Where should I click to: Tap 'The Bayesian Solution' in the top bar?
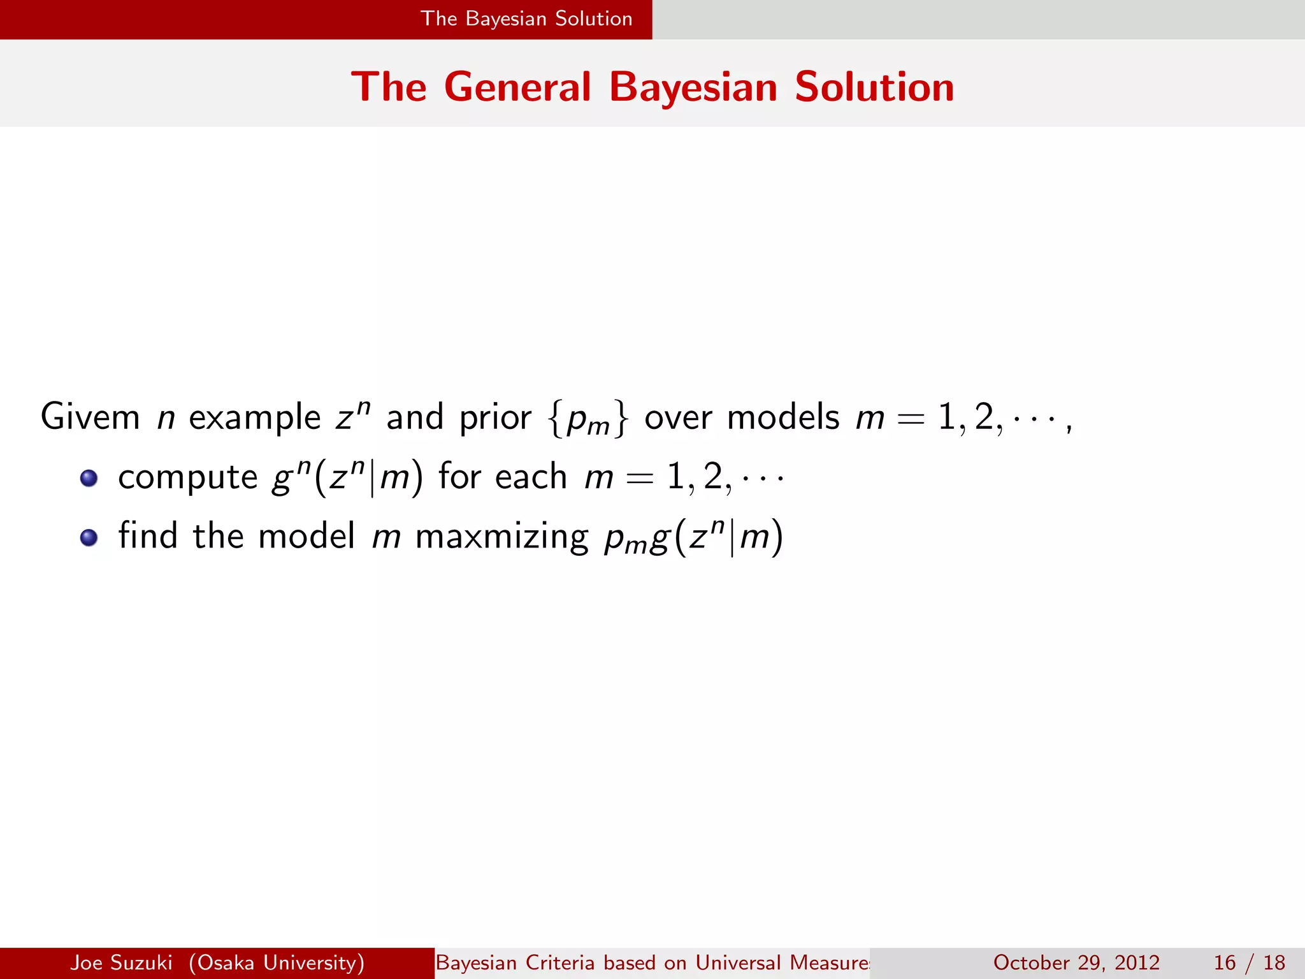[x=526, y=18]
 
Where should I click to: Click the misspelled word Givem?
[x=90, y=417]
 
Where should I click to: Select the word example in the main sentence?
[x=254, y=418]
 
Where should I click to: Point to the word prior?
[x=495, y=418]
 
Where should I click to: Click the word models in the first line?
[x=783, y=417]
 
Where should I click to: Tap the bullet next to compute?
[x=89, y=478]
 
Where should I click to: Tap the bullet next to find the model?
[x=89, y=537]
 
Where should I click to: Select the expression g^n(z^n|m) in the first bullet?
[x=347, y=477]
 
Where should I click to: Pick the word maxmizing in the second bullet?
[x=501, y=537]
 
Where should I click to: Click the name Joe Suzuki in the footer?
[x=121, y=962]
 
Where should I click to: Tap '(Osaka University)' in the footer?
[x=277, y=962]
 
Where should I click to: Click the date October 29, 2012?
[x=1076, y=962]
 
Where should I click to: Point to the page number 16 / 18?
[x=1249, y=962]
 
